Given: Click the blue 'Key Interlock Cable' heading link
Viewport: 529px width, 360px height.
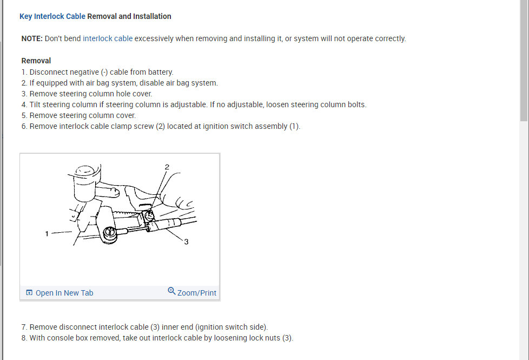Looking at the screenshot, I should pyautogui.click(x=52, y=16).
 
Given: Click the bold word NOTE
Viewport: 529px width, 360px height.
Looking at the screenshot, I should pyautogui.click(x=32, y=38).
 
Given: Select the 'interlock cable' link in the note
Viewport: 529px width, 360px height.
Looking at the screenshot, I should pyautogui.click(x=108, y=38).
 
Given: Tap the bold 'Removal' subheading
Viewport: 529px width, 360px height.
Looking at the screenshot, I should pyautogui.click(x=36, y=61).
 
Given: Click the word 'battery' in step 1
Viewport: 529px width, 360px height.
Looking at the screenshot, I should pyautogui.click(x=159, y=72).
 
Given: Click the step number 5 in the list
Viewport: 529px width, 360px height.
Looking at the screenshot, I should pyautogui.click(x=24, y=115).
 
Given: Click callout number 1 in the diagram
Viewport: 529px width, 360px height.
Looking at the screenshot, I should pyautogui.click(x=47, y=233).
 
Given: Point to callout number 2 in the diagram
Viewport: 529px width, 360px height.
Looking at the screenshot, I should pyautogui.click(x=167, y=167).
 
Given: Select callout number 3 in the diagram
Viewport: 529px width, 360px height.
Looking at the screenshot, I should pyautogui.click(x=186, y=242).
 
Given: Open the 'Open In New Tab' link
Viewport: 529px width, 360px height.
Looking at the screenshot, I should pyautogui.click(x=64, y=293).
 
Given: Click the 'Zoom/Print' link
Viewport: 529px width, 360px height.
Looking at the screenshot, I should pyautogui.click(x=196, y=293).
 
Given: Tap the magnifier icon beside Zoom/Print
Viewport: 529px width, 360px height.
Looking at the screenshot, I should pyautogui.click(x=171, y=291).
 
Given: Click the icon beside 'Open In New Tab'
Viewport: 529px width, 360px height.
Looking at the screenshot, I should pyautogui.click(x=29, y=293).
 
